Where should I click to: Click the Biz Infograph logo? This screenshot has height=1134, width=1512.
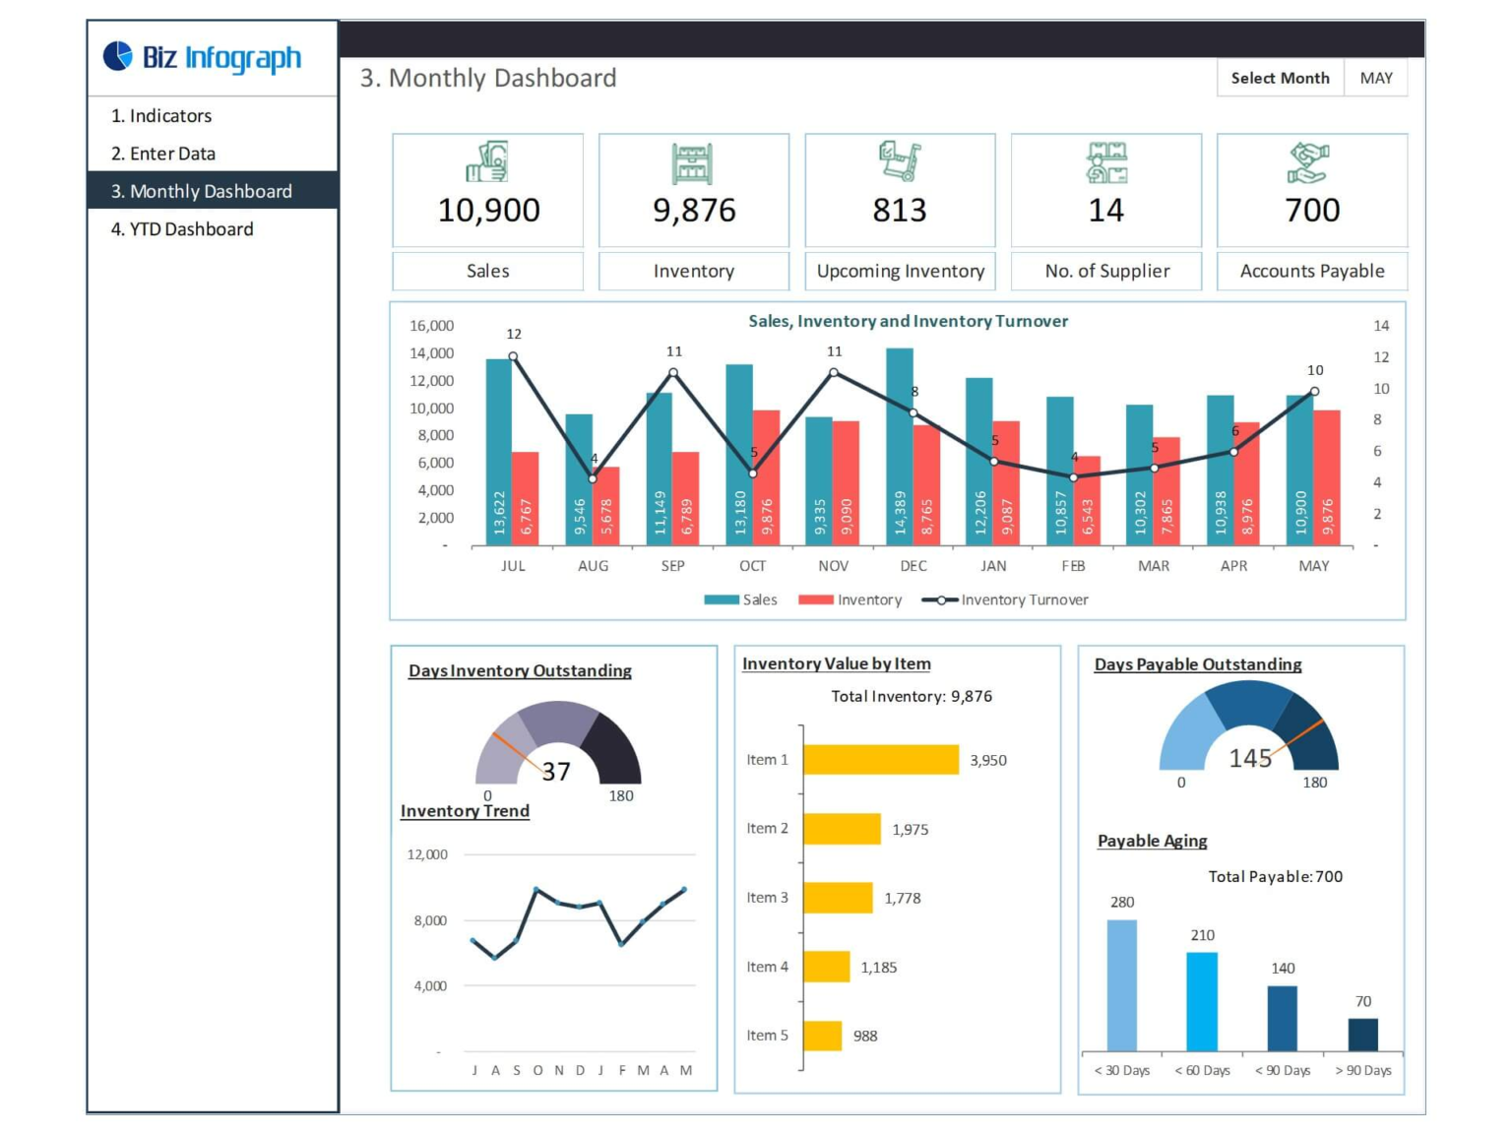tap(203, 58)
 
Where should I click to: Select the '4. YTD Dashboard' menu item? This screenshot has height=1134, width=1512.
tap(182, 229)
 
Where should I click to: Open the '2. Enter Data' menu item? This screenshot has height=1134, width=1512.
tap(163, 154)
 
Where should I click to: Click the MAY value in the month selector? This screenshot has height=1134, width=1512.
tap(1375, 79)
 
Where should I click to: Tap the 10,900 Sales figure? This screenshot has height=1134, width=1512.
tap(488, 211)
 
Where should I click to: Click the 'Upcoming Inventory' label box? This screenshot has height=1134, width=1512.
tap(900, 272)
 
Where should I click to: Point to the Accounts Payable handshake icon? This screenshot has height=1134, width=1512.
tap(1308, 163)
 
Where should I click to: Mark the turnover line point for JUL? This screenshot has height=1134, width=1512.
tap(513, 356)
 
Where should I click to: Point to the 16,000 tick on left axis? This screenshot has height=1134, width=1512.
tap(431, 326)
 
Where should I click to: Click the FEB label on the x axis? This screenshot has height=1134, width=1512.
tap(1073, 566)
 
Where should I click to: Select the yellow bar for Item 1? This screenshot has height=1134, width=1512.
tap(881, 760)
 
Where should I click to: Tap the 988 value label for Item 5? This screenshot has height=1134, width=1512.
tap(865, 1037)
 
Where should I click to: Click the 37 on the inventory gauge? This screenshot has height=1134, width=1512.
tap(556, 772)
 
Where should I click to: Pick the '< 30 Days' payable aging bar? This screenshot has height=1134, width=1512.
tap(1121, 984)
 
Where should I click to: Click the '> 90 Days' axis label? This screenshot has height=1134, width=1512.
tap(1362, 1071)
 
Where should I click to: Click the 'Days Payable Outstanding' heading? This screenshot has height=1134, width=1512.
tap(1198, 665)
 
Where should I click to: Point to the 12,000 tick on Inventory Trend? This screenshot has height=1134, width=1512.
tap(427, 854)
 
